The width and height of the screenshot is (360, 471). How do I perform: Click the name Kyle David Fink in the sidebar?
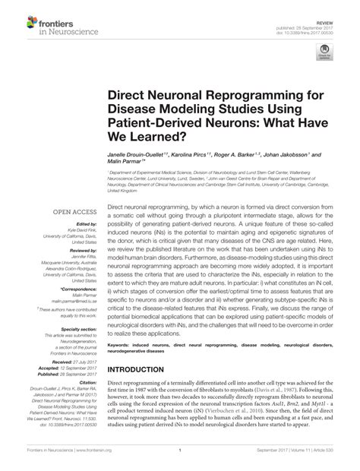[81, 229]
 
